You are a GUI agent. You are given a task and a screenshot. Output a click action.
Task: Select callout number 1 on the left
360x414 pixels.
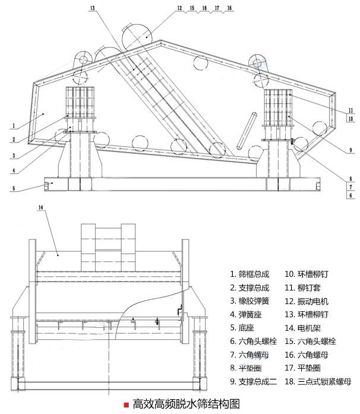coord(12,126)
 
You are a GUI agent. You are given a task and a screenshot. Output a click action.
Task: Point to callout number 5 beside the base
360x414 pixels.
coord(12,189)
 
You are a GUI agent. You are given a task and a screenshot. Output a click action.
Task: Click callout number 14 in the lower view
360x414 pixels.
coord(40,207)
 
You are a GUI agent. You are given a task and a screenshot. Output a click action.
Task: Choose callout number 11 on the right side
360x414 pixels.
coord(351,110)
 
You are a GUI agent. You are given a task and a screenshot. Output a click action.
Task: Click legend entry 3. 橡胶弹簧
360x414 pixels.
coord(250,301)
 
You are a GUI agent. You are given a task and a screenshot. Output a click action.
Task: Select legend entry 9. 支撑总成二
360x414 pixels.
coord(253,381)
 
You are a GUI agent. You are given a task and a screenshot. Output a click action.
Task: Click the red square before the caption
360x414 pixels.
coord(126,404)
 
